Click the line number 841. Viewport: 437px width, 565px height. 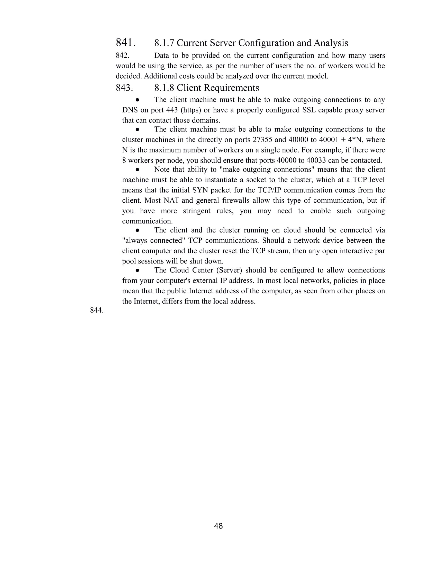pyautogui.click(x=125, y=43)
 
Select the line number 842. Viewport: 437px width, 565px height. pyautogui.click(x=122, y=56)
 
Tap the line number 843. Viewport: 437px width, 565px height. pyautogui.click(x=124, y=88)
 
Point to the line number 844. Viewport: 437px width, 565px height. pyautogui.click(x=97, y=310)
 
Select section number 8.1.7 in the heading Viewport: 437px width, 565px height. pyautogui.click(x=164, y=43)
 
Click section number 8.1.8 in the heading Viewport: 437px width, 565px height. pyautogui.click(x=164, y=88)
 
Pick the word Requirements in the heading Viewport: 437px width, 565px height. pyautogui.click(x=231, y=88)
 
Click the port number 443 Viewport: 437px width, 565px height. pyautogui.click(x=172, y=110)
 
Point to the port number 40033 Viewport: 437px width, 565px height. pyautogui.click(x=316, y=161)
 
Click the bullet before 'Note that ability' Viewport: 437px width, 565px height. pyautogui.click(x=138, y=170)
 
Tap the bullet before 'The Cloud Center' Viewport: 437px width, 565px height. pyautogui.click(x=138, y=270)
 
